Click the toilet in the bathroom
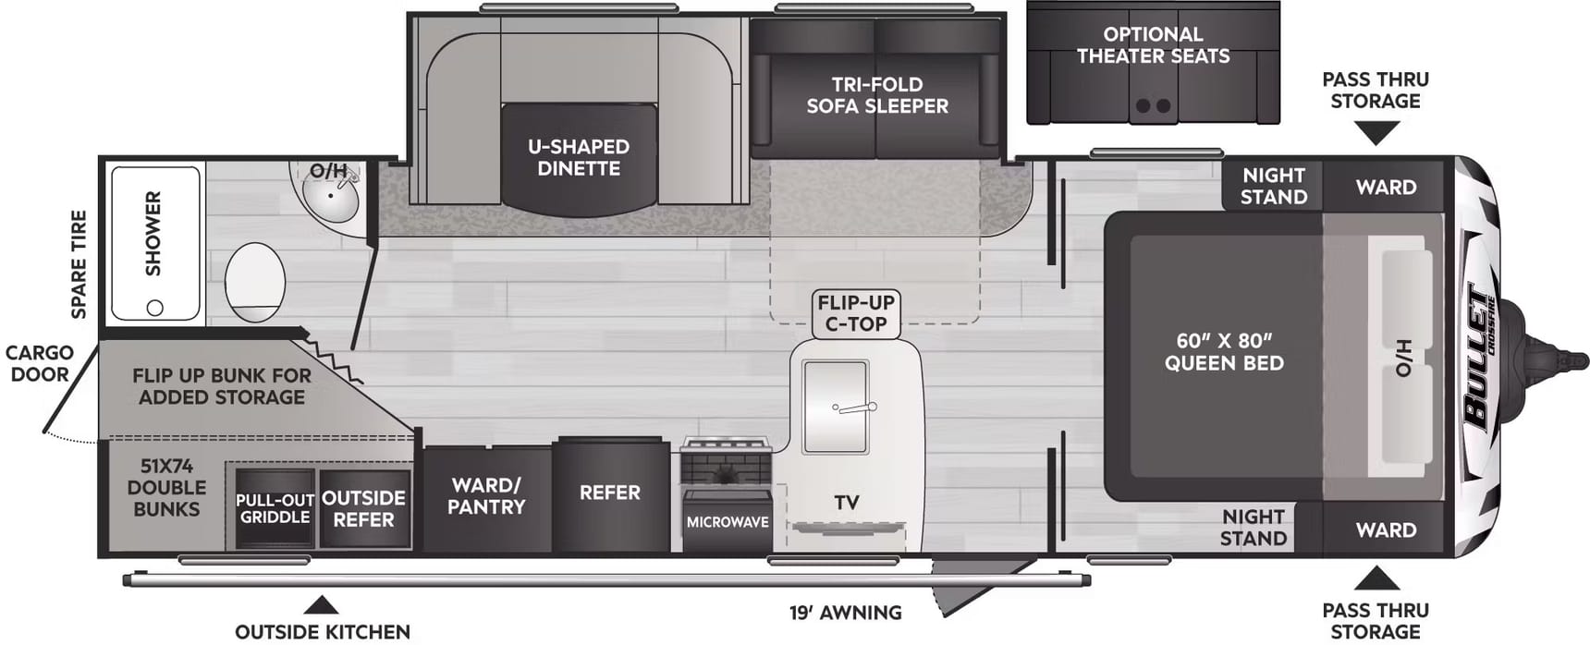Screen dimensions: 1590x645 (255, 282)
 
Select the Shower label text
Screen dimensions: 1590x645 (153, 233)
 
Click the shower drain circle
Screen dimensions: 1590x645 (155, 308)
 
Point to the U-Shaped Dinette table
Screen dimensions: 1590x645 (579, 157)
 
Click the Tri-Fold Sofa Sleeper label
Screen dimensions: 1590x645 (877, 95)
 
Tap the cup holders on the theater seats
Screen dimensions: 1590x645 (1153, 106)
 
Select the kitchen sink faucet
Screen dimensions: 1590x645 (854, 408)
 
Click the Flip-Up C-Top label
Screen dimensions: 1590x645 (856, 313)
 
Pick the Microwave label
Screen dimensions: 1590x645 (728, 522)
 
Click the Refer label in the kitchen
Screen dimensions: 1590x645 (609, 493)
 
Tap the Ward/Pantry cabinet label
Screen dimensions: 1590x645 (486, 496)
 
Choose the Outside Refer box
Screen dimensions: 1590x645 (364, 509)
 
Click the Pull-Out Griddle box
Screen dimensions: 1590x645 (275, 509)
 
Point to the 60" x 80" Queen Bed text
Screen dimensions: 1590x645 (1224, 352)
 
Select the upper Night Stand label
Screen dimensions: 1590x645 (1274, 186)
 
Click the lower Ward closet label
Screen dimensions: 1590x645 (1386, 530)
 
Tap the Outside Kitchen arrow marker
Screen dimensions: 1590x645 (321, 605)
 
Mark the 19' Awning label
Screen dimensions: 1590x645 (845, 613)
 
